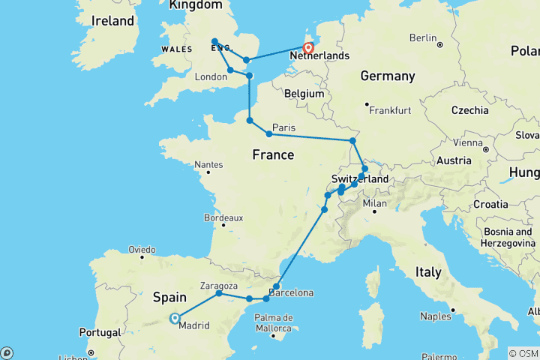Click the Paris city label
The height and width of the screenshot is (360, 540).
pyautogui.click(x=284, y=127)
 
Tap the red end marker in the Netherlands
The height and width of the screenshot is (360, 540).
pyautogui.click(x=307, y=49)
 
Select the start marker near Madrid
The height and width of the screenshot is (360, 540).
pyautogui.click(x=175, y=318)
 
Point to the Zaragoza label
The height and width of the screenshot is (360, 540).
pyautogui.click(x=220, y=285)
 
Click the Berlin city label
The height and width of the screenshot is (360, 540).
pyautogui.click(x=423, y=37)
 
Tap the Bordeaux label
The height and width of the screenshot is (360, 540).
pyautogui.click(x=223, y=217)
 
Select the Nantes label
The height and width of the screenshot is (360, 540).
pyautogui.click(x=208, y=164)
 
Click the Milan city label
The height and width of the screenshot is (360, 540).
pyautogui.click(x=376, y=202)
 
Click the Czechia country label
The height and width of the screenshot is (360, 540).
pyautogui.click(x=470, y=110)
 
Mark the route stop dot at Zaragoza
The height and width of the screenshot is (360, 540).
pyautogui.click(x=219, y=293)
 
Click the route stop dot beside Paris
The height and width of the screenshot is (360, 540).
pyautogui.click(x=268, y=134)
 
